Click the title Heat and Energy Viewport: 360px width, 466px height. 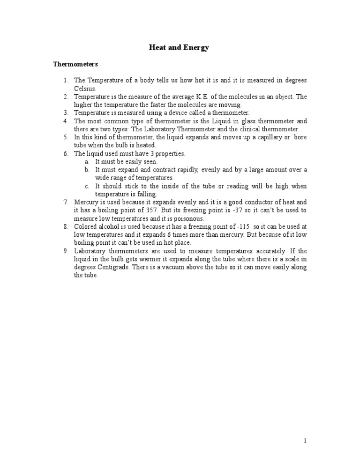point(179,47)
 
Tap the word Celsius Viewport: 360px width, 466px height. point(84,88)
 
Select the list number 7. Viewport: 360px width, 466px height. point(66,202)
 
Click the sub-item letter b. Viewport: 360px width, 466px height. point(87,170)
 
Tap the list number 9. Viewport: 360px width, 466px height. point(66,251)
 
